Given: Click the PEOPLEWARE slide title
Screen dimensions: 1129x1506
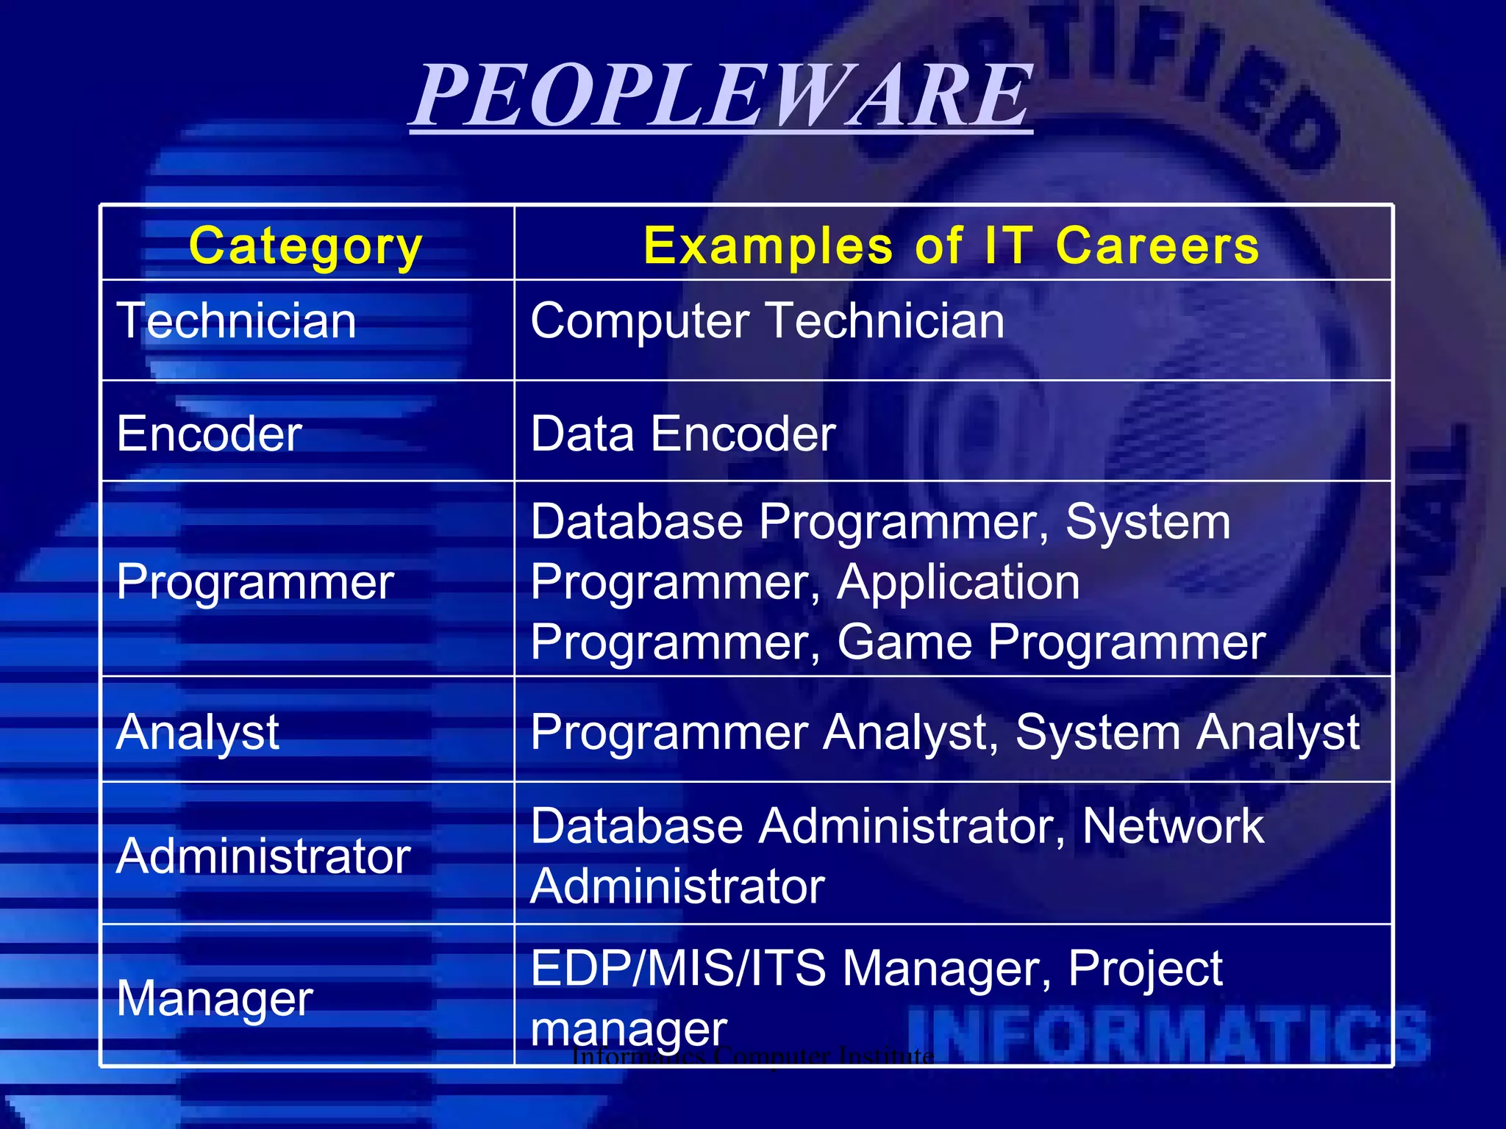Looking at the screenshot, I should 722,96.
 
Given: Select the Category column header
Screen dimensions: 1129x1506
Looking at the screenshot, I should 305,245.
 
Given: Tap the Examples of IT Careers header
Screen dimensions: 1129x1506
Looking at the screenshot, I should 951,245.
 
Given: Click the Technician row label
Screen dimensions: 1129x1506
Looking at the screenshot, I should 236,321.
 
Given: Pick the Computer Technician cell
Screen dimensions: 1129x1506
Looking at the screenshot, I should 767,321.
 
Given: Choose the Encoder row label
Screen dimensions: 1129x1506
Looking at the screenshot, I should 209,434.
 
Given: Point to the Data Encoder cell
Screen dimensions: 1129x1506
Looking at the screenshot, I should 682,434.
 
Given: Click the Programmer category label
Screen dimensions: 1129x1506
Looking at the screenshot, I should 255,582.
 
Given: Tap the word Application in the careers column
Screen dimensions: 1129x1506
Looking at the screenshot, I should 958,582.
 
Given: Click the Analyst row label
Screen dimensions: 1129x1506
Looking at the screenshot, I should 197,733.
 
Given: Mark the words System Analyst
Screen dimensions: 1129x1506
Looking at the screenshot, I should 1187,733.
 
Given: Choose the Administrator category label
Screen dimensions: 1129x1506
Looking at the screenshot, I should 263,856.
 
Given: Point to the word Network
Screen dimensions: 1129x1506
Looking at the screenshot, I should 1172,826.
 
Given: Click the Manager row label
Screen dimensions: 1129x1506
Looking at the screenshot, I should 215,999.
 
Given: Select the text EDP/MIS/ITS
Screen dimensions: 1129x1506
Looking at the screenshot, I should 677,968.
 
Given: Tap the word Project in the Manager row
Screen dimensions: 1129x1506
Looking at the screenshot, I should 1144,968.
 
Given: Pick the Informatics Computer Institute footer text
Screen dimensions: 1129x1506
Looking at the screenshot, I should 752,1057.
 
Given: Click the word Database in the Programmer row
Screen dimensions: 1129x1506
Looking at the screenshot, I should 636,522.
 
